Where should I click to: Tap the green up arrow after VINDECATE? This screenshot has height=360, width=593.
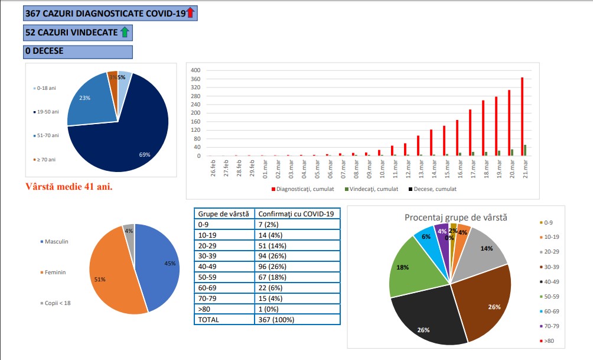point(125,32)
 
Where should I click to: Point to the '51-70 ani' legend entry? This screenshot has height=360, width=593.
point(47,135)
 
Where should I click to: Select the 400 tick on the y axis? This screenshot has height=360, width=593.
point(196,70)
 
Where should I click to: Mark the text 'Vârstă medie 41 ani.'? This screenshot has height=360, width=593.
point(69,187)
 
